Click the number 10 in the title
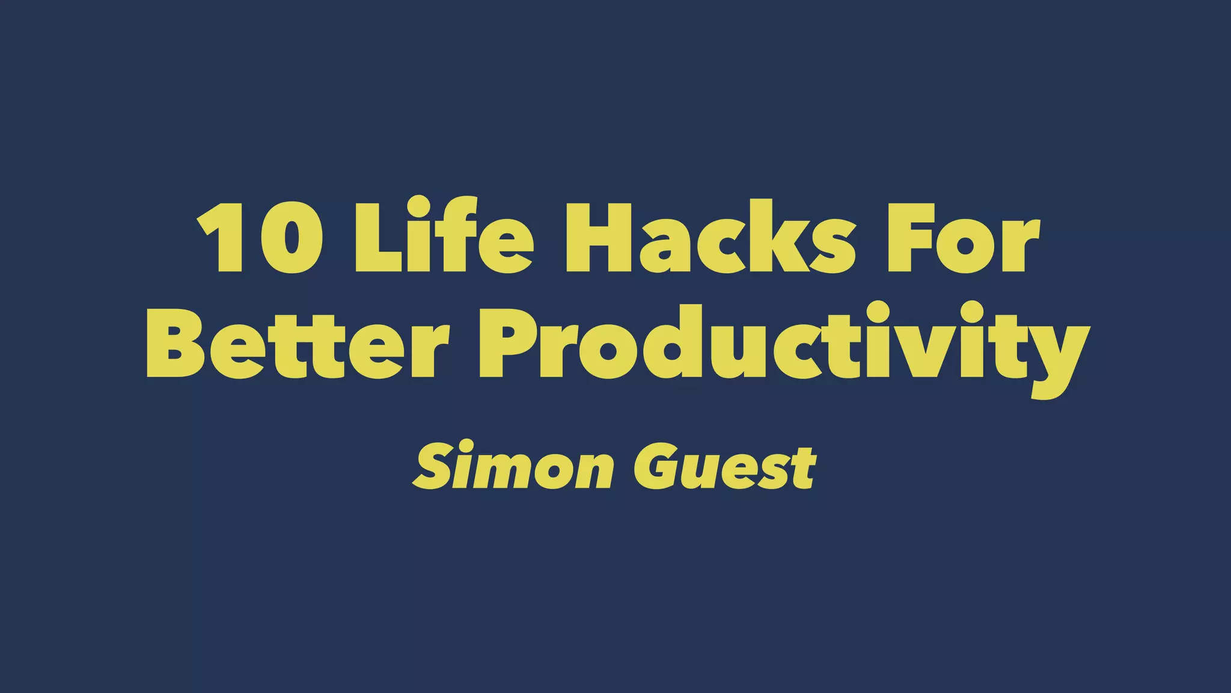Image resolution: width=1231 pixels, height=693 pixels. coord(260,237)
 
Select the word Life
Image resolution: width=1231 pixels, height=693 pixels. coord(443,236)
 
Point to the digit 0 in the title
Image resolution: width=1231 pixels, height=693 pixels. coord(291,237)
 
